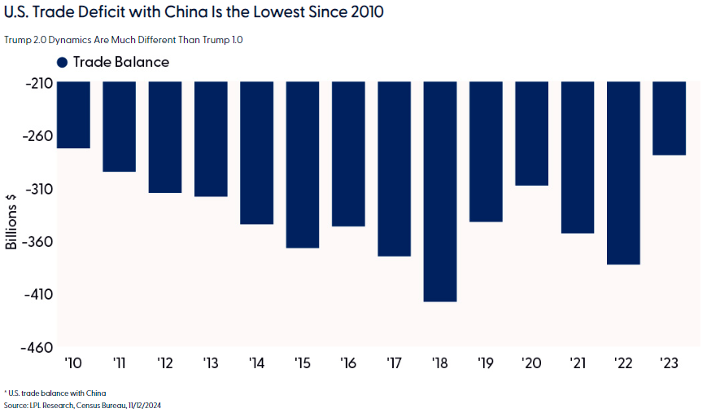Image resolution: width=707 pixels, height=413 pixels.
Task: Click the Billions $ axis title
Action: coord(11,221)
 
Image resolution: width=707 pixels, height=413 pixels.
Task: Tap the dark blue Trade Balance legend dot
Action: coord(63,63)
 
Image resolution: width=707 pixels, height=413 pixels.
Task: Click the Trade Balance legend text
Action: coord(121,63)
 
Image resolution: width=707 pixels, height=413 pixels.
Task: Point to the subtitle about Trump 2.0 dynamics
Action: coord(124,39)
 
